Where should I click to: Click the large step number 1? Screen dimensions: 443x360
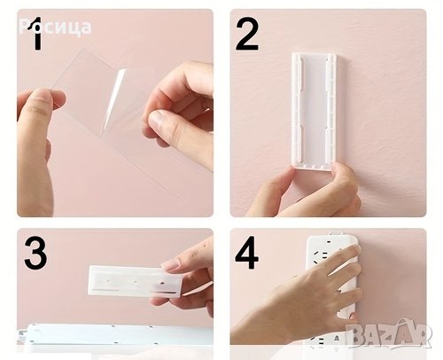click(36, 33)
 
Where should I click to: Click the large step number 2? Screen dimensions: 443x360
click(247, 35)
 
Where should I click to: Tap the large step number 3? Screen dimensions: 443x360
click(35, 253)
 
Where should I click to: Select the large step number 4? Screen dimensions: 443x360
click(247, 253)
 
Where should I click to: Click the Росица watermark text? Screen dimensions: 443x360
click(55, 27)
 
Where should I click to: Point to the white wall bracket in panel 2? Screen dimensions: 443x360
click(314, 111)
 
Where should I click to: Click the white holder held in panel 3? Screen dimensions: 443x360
click(134, 281)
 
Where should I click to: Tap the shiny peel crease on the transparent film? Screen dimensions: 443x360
click(113, 100)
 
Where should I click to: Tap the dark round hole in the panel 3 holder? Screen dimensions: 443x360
click(162, 283)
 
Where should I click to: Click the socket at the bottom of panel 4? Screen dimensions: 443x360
click(336, 337)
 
